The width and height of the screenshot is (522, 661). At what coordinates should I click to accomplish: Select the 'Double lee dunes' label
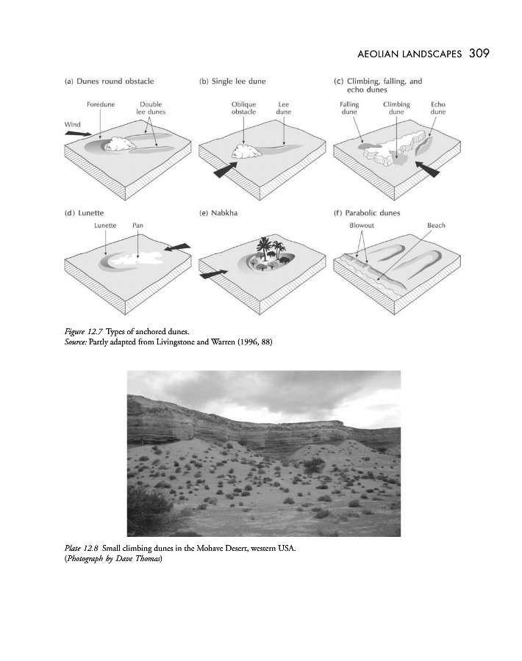coord(151,108)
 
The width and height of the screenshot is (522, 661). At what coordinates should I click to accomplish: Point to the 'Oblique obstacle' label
coord(243,108)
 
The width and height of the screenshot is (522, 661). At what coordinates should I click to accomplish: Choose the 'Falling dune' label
coord(349,108)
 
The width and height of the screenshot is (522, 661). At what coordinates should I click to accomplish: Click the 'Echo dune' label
coord(438,108)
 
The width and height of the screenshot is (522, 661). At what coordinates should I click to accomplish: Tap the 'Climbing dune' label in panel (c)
coord(396,108)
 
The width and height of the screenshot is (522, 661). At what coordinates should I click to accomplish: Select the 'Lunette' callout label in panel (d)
coord(106,225)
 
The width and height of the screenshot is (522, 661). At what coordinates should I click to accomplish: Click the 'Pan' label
coord(137,225)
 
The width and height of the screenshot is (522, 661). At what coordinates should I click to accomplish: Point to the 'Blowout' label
coord(360,225)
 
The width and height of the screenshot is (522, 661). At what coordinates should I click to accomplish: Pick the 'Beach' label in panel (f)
coord(436,225)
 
